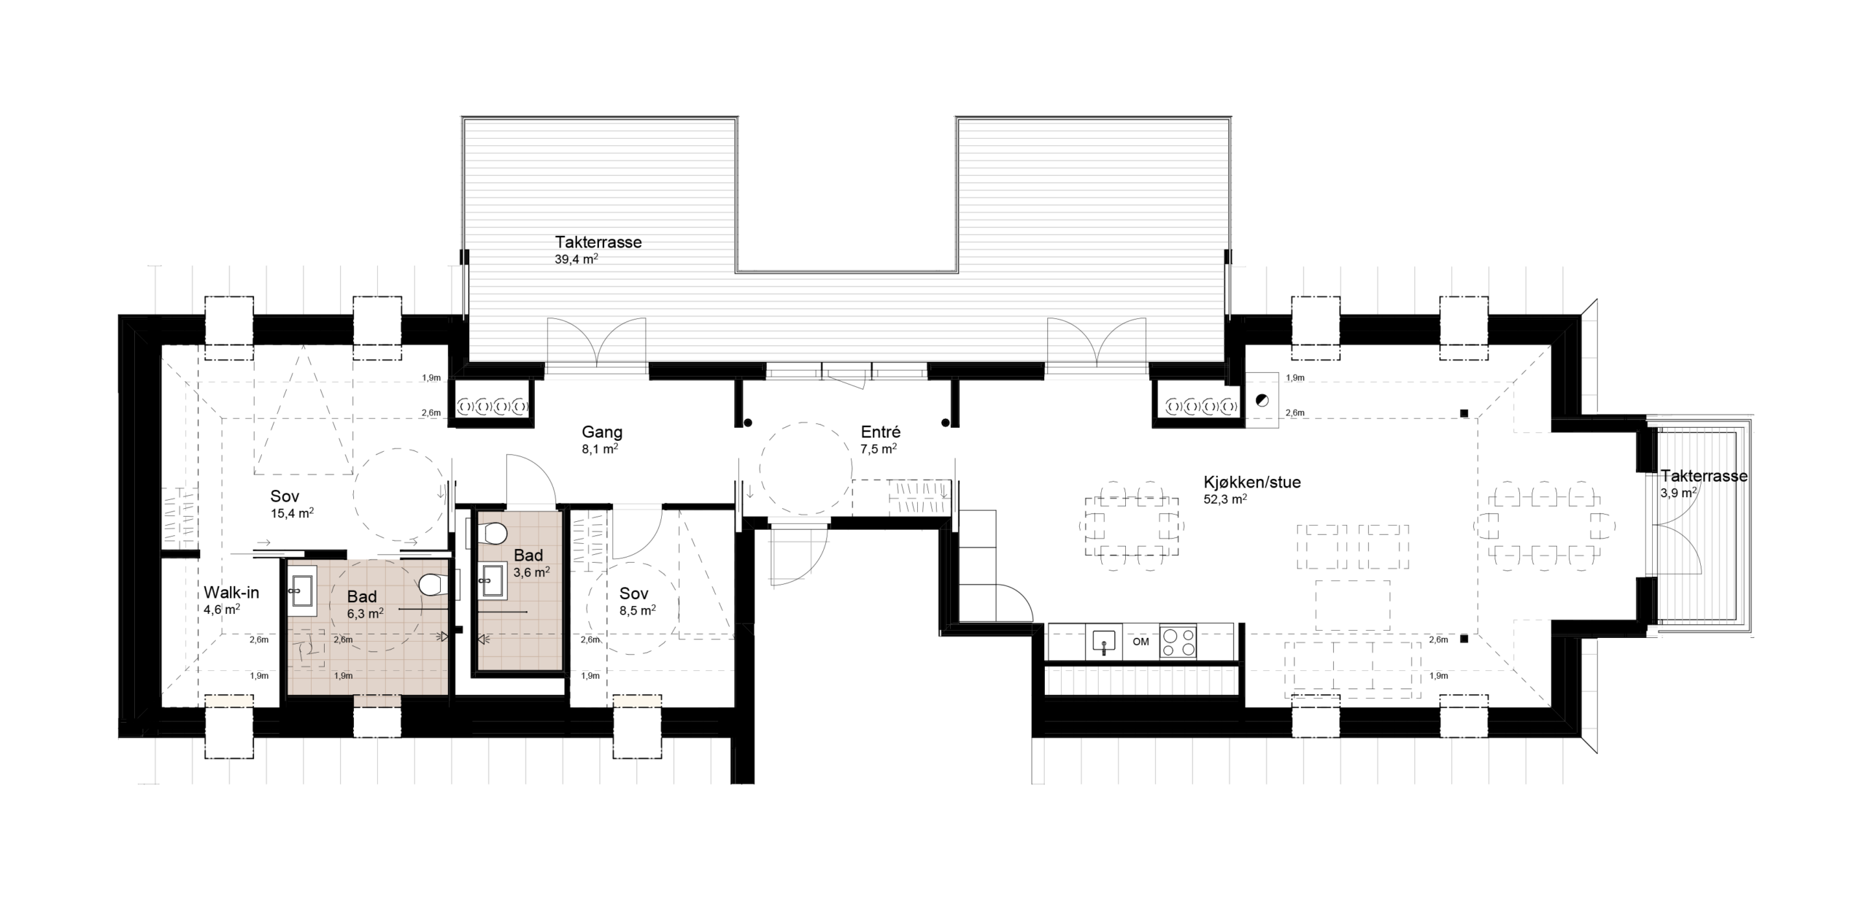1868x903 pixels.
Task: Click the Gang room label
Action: click(x=602, y=432)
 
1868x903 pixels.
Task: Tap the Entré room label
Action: click(x=881, y=432)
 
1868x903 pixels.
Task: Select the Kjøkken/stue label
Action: click(x=1252, y=483)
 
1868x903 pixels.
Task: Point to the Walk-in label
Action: click(x=231, y=593)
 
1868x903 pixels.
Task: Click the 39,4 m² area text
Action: click(x=576, y=258)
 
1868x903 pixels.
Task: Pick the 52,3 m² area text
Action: click(x=1225, y=499)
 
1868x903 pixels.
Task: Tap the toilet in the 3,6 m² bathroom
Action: click(x=495, y=534)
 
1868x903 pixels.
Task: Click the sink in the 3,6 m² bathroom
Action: click(x=492, y=581)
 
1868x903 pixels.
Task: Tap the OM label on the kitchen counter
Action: click(x=1141, y=642)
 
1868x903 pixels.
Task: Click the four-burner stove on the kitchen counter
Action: click(x=1178, y=642)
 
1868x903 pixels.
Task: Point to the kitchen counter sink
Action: click(x=1104, y=642)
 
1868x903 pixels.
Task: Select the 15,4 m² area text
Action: click(x=292, y=513)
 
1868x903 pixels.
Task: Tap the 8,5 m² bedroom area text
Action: click(x=637, y=610)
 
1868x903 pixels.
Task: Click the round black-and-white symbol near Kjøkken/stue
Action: click(x=1261, y=399)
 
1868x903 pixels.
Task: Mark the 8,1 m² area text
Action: click(x=600, y=450)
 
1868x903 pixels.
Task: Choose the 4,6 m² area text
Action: click(x=223, y=610)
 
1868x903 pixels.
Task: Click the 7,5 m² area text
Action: click(x=879, y=450)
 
